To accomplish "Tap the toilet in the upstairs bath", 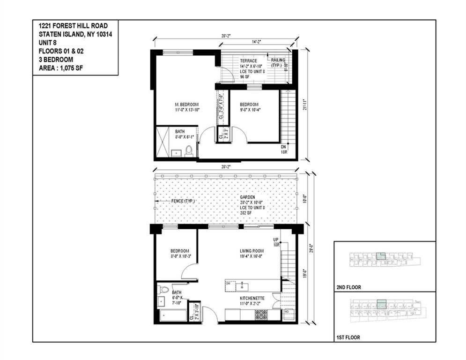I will click(x=189, y=150).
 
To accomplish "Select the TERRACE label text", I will click(x=248, y=61).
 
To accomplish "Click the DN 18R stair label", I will click(x=283, y=150).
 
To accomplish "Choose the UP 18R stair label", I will click(x=276, y=242).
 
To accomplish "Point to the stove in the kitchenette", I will click(x=261, y=315).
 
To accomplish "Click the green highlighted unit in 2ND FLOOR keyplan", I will click(x=381, y=256).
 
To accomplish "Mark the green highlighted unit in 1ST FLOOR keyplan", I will click(x=381, y=304).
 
